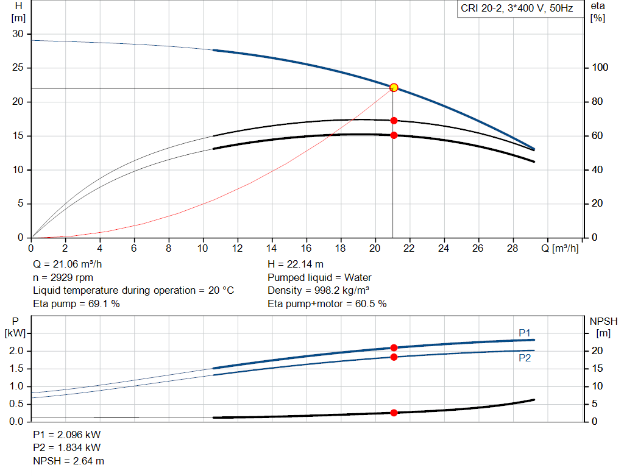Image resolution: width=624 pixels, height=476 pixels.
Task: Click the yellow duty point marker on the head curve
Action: coord(394,88)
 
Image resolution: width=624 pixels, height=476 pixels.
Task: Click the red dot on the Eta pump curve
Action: coord(394,121)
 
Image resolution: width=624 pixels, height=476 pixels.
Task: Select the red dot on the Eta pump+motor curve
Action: coord(394,135)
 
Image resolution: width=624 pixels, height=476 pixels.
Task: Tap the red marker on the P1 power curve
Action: coord(394,347)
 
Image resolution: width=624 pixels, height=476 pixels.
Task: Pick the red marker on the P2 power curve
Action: coord(394,357)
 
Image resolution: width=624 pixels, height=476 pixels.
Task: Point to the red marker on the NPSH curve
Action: coord(394,413)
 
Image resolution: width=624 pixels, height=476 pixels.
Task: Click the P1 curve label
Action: coord(525,333)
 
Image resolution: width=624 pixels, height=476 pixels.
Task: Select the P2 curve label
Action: coord(525,358)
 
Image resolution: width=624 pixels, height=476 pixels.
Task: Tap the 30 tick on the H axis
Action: coord(18,34)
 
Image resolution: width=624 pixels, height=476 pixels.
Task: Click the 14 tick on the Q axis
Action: coord(272,248)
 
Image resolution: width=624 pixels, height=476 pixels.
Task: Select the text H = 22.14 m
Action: coord(296,265)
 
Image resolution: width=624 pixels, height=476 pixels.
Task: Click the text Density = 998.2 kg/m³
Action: coord(319,290)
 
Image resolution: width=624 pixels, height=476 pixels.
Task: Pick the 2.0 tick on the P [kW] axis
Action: coord(16,351)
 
